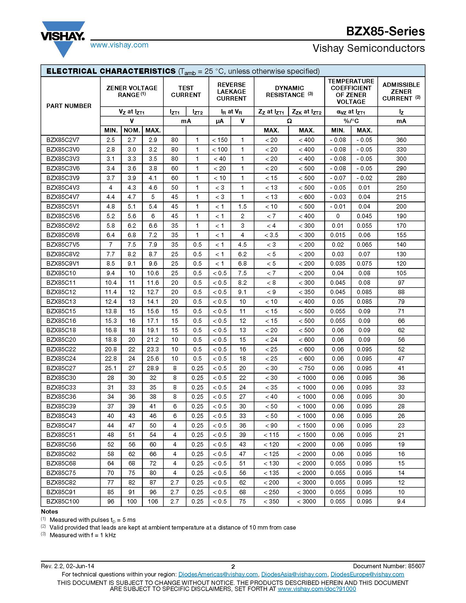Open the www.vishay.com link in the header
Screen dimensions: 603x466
[119, 45]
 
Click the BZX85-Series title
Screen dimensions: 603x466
[385, 31]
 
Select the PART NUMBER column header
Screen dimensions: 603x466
[69, 106]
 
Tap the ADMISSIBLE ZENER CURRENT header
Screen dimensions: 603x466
[401, 92]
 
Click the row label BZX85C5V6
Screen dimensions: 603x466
[63, 216]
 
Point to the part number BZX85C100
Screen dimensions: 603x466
[63, 501]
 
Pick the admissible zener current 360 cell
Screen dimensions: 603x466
[401, 140]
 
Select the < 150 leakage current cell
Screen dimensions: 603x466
[220, 140]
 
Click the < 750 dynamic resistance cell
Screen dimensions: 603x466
[306, 368]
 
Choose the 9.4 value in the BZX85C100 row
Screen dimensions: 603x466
[401, 501]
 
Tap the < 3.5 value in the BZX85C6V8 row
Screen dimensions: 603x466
[271, 235]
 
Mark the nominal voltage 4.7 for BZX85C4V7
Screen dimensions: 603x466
[132, 197]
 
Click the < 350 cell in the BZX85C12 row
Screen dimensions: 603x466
[306, 292]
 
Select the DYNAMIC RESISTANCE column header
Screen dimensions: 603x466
[289, 92]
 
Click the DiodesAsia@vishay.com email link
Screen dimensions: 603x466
[294, 574]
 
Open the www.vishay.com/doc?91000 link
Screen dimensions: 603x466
[317, 589]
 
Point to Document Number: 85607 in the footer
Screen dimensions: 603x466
[389, 566]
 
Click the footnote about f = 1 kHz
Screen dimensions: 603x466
[83, 535]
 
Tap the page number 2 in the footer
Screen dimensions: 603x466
[233, 567]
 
